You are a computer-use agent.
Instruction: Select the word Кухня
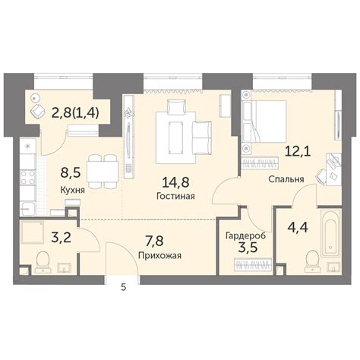[x=73, y=190]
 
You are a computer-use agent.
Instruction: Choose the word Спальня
[x=286, y=180]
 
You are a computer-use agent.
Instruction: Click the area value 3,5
[x=243, y=248]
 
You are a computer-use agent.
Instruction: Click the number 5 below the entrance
[x=123, y=286]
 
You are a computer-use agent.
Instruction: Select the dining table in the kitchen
[x=102, y=170]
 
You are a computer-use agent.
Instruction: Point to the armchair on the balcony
[x=37, y=110]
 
